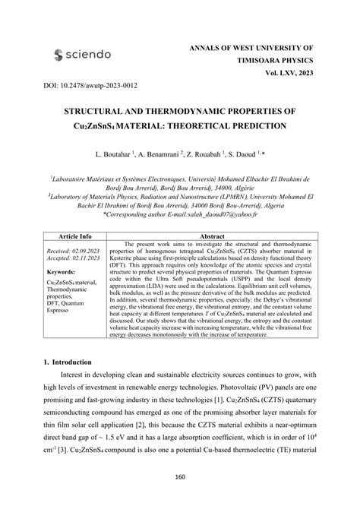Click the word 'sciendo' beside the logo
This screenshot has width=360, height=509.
[x=90, y=55]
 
